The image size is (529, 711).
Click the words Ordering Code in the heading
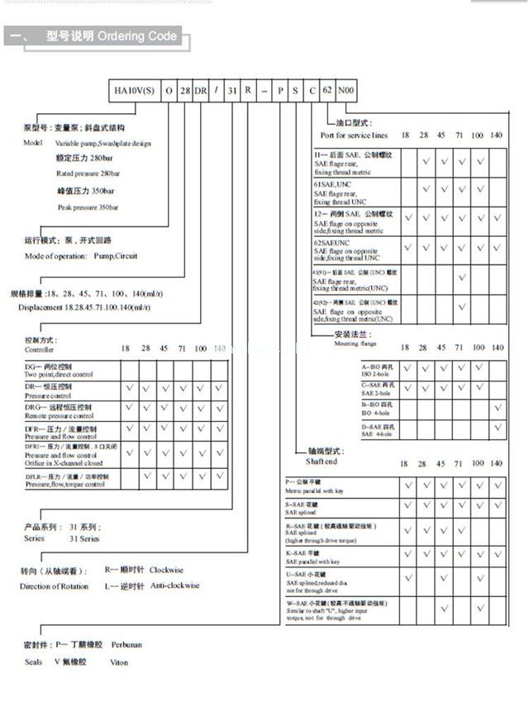[x=137, y=36]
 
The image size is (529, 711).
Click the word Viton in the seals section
[x=120, y=662]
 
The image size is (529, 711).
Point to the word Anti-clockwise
[x=174, y=586]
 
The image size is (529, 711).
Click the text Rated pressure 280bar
[x=88, y=174]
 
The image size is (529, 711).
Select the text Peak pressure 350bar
[x=88, y=207]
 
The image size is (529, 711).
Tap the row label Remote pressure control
[x=60, y=416]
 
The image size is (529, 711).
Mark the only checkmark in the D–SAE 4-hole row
[x=498, y=427]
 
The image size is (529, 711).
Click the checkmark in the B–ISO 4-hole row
[x=498, y=407]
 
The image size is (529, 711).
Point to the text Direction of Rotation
[x=54, y=586]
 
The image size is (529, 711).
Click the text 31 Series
[x=84, y=538]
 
